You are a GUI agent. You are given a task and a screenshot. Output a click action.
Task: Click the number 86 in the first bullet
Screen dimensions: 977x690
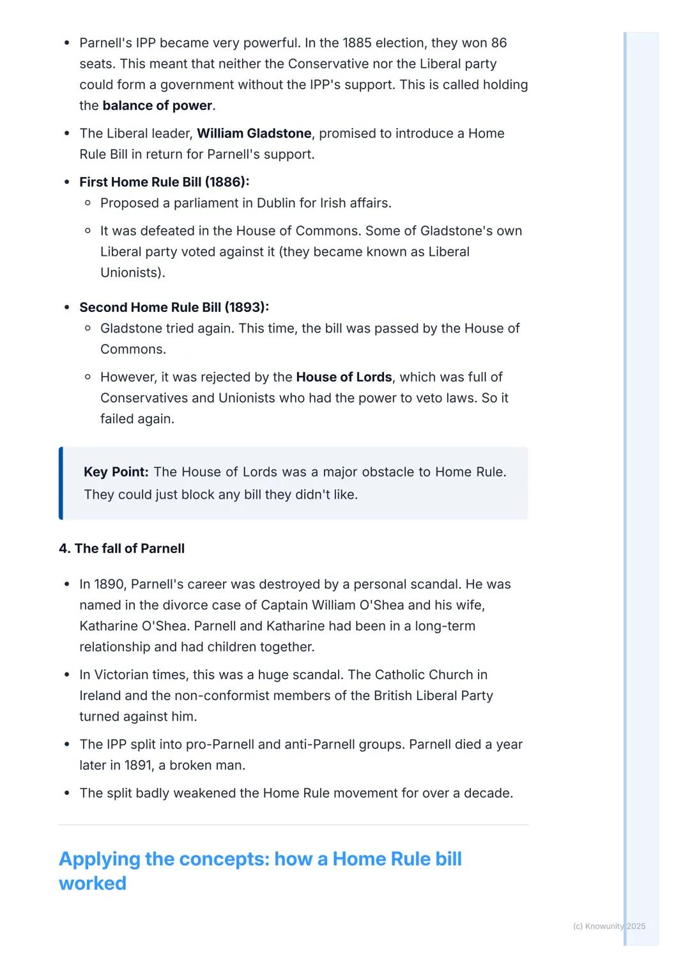tap(498, 43)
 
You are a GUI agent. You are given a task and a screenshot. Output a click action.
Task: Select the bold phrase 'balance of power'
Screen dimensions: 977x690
tap(157, 106)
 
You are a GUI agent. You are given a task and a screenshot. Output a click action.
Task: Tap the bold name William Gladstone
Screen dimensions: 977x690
tap(254, 134)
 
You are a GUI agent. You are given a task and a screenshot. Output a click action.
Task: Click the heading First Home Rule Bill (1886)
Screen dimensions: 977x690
tap(164, 182)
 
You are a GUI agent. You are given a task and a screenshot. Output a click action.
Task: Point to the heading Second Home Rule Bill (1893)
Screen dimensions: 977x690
tap(174, 308)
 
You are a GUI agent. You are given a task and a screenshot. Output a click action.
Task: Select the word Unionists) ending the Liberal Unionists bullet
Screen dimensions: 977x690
tap(132, 273)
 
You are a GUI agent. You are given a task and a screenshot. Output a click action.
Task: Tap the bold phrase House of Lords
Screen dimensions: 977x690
tap(344, 377)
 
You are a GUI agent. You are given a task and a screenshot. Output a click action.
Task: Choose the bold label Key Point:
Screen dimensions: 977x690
tap(116, 472)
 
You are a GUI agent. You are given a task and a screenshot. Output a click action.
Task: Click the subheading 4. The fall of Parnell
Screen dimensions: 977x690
tap(121, 549)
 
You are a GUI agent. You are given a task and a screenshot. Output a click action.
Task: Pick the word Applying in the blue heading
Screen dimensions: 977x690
tap(99, 859)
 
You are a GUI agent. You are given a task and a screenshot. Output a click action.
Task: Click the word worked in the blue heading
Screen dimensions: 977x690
tap(93, 883)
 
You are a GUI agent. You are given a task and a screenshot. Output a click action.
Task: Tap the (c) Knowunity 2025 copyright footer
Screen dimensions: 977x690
tap(609, 926)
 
